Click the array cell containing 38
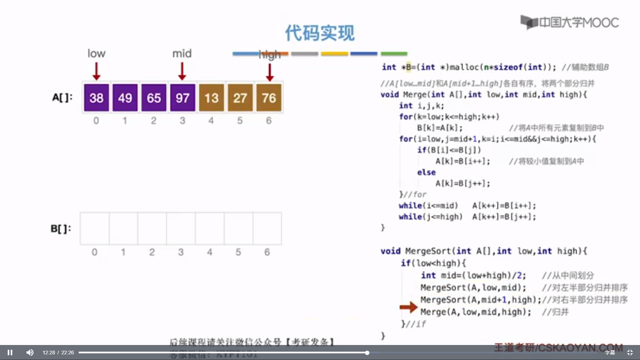(x=96, y=98)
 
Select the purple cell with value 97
(x=182, y=98)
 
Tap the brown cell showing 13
(x=211, y=98)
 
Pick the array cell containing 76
(x=269, y=98)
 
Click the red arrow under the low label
(x=96, y=71)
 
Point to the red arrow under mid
(x=182, y=71)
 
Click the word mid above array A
(x=182, y=53)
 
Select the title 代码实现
(x=320, y=33)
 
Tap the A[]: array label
(x=62, y=97)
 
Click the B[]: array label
(x=61, y=229)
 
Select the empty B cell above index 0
(x=95, y=229)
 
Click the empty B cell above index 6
(x=267, y=229)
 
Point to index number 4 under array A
(x=211, y=121)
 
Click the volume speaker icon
(x=30, y=352)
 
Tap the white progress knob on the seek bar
(x=367, y=353)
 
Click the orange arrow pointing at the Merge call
(x=408, y=307)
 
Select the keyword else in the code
(x=426, y=172)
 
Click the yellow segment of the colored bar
(x=334, y=54)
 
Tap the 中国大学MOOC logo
(x=570, y=22)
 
